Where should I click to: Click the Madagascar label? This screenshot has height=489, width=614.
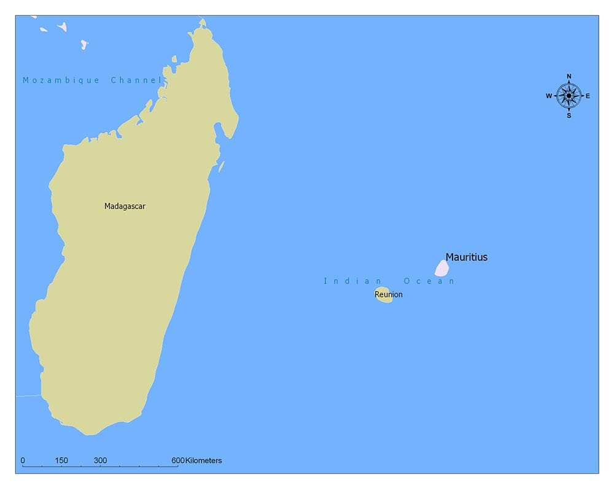[x=125, y=206]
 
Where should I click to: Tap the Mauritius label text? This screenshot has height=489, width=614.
[x=466, y=257]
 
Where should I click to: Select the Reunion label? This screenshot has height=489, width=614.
[x=389, y=295]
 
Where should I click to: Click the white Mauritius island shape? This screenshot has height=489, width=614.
[x=441, y=268]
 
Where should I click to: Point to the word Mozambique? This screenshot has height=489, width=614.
[x=61, y=80]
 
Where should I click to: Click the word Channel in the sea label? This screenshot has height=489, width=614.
[x=136, y=80]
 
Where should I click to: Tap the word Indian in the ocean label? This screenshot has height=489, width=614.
[x=348, y=281]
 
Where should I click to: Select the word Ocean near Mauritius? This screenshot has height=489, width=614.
[x=429, y=281]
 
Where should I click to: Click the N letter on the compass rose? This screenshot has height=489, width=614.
[x=569, y=77]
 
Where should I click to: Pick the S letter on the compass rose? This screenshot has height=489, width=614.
[x=569, y=115]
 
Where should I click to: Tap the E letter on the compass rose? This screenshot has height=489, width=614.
[x=588, y=96]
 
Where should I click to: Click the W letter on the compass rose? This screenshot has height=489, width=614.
[x=549, y=96]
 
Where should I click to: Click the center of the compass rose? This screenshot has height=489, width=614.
[x=569, y=96]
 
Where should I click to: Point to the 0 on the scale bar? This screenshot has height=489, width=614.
[x=23, y=460]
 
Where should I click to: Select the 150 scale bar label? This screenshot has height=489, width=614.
[x=61, y=460]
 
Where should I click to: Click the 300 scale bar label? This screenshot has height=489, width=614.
[x=101, y=460]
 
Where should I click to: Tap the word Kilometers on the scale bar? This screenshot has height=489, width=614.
[x=204, y=460]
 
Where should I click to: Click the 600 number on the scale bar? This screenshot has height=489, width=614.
[x=178, y=460]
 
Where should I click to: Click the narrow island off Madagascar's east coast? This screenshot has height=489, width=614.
[x=222, y=166]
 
